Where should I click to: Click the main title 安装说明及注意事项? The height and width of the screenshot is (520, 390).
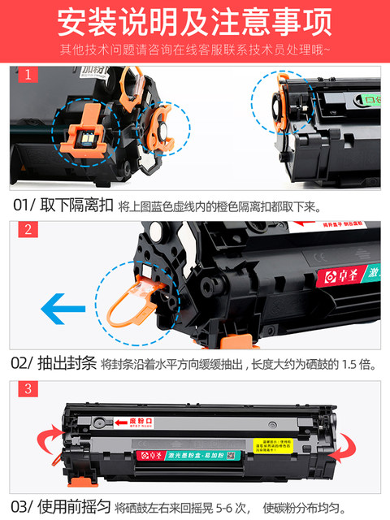[x=195, y=22]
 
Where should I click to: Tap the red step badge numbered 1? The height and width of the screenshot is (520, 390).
[x=27, y=76]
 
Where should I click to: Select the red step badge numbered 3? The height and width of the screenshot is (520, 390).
[x=27, y=389]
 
